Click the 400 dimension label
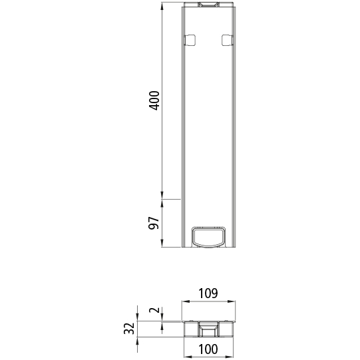click(154, 100)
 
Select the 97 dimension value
click(154, 223)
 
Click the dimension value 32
click(129, 329)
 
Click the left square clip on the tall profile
click(188, 40)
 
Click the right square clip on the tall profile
click(226, 40)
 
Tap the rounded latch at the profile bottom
click(208, 236)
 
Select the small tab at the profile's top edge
click(208, 5)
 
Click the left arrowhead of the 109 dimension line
click(184, 301)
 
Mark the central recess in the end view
click(208, 329)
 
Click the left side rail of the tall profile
click(184, 133)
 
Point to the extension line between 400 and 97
click(170, 198)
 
